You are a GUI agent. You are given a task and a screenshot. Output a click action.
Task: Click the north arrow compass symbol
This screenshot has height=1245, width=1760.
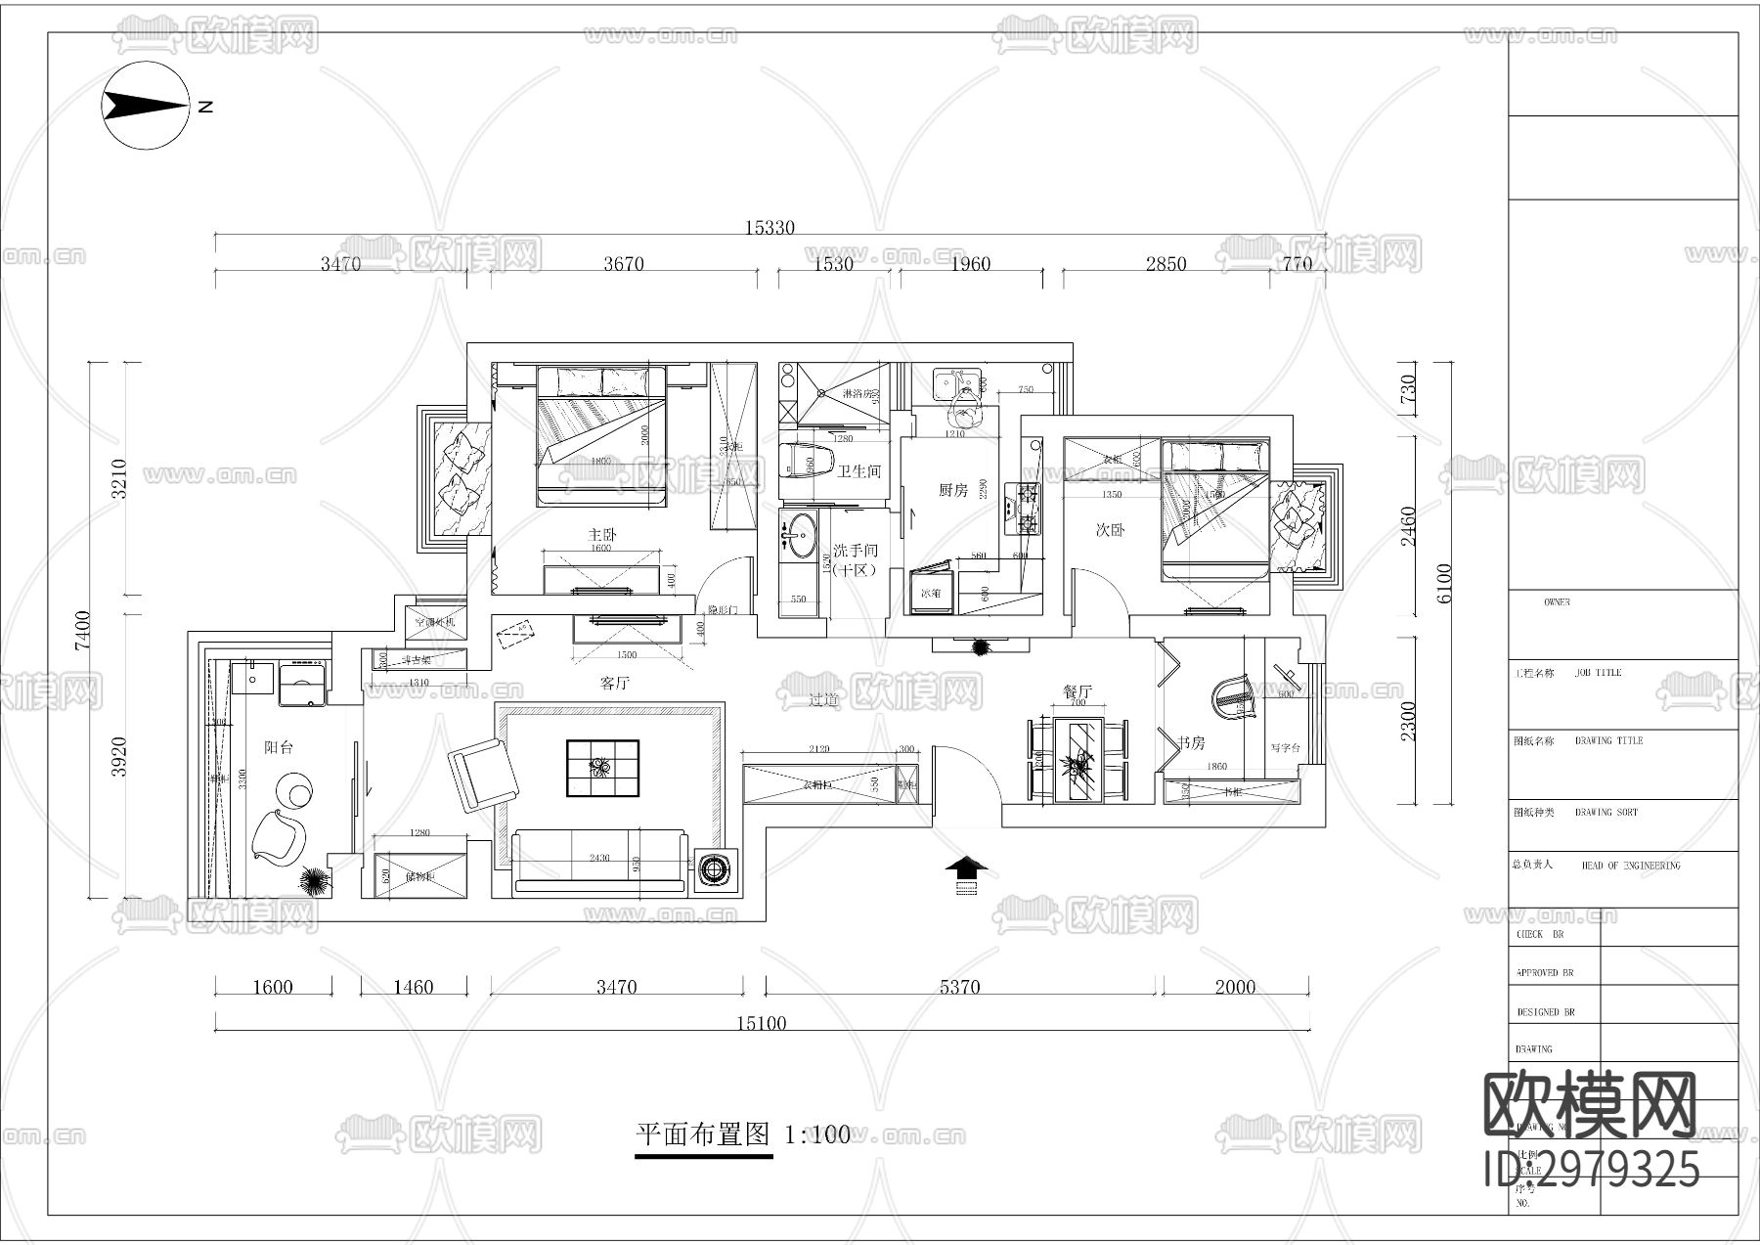coord(147,107)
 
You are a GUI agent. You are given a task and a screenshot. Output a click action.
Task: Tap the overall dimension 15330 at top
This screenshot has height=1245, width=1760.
coord(770,228)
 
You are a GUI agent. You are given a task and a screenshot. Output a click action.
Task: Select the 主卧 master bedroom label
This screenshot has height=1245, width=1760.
coord(602,535)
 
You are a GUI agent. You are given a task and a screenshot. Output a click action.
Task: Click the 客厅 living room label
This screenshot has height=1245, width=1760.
coord(614,684)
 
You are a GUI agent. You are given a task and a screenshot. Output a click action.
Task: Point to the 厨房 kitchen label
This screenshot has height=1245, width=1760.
coord(952,490)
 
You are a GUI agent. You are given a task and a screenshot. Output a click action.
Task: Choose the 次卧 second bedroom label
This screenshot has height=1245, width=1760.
coord(1109,530)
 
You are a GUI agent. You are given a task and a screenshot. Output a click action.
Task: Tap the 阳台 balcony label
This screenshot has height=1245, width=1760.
coord(279,747)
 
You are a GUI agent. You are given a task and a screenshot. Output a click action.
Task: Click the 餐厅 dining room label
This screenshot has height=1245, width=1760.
coord(1077,691)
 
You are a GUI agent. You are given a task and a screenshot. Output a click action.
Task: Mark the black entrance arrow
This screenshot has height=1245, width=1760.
coord(967,867)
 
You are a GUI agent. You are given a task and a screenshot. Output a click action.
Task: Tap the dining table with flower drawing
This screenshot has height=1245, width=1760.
coord(1078,761)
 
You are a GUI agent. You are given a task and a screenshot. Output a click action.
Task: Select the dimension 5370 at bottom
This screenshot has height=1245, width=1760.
coord(959,987)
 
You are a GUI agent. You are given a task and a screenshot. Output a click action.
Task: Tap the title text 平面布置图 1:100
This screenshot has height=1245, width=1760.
coord(743,1134)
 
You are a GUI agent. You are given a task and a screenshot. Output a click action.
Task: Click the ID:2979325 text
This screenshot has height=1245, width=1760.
coord(1592,1168)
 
